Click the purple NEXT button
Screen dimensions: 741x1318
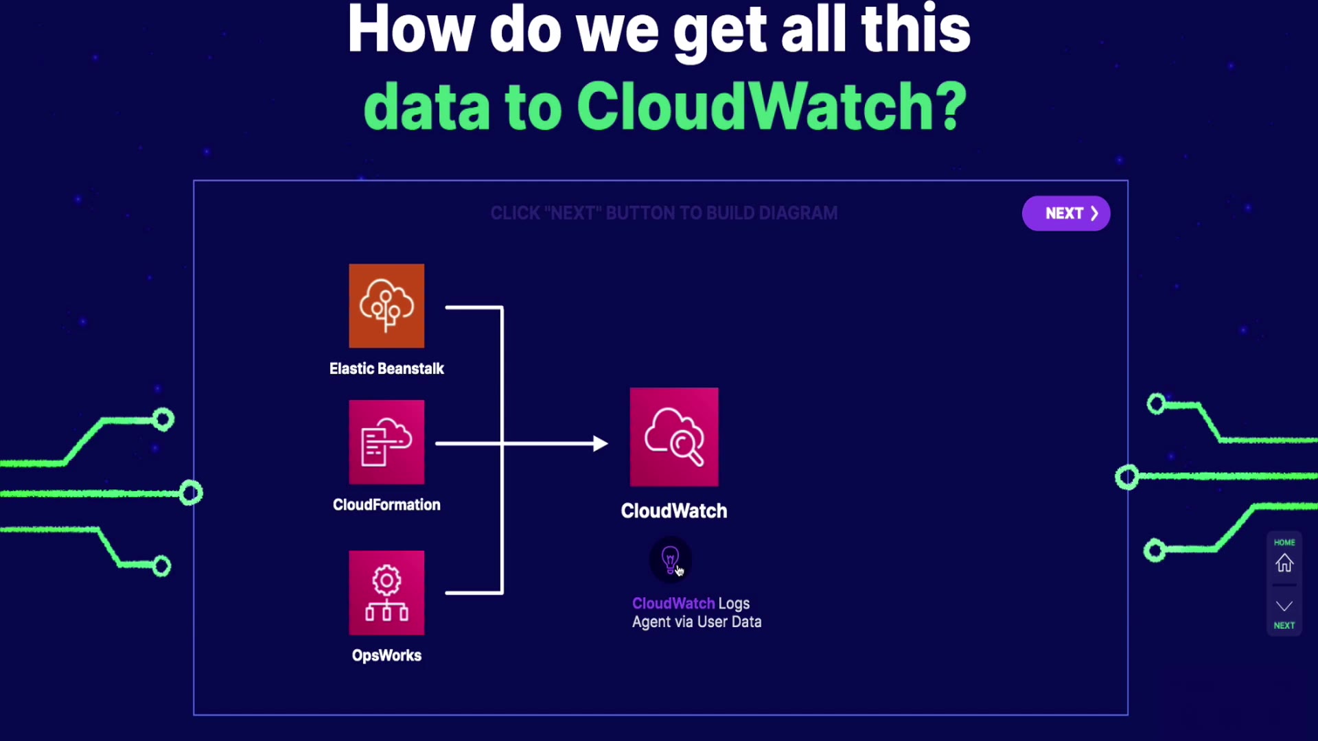(1065, 213)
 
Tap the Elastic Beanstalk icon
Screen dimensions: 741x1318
(386, 306)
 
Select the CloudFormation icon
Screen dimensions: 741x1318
(386, 443)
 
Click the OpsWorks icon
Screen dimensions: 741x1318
(386, 593)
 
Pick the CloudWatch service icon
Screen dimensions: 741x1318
(674, 437)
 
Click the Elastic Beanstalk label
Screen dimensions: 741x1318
(386, 368)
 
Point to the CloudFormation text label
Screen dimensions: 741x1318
(386, 505)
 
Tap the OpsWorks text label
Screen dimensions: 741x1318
(386, 655)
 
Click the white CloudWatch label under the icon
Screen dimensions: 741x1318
(674, 511)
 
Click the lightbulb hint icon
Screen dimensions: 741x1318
(670, 559)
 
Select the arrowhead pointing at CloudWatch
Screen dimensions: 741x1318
(600, 444)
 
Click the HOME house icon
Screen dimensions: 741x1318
(1284, 563)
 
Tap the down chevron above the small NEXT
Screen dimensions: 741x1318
(1284, 607)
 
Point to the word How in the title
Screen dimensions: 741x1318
(411, 31)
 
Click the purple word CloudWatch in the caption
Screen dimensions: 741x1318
(673, 604)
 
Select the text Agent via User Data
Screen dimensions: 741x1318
(697, 622)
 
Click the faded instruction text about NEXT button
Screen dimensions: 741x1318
(664, 213)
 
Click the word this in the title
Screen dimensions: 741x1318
(915, 31)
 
